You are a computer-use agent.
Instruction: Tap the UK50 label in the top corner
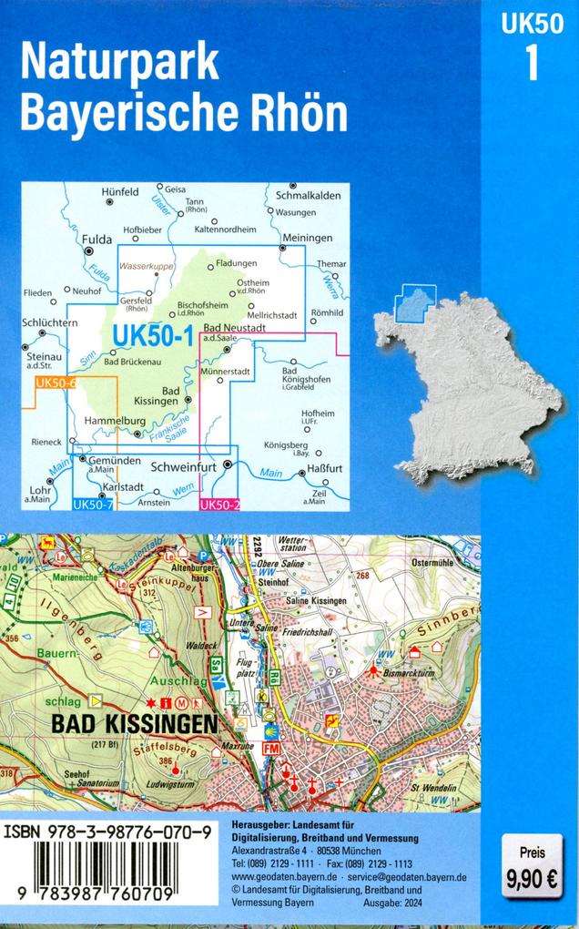coord(531,27)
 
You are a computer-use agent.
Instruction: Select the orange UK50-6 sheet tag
coord(55,383)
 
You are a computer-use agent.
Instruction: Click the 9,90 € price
coord(533,880)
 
